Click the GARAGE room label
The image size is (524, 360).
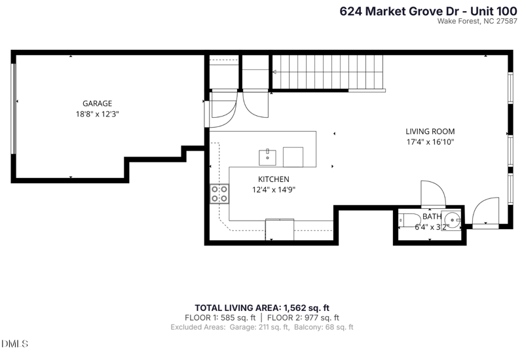97,103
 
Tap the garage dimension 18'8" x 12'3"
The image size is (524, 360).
97,114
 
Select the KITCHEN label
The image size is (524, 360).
273,179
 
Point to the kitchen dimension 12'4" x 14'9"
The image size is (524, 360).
273,190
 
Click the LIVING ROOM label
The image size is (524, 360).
430,132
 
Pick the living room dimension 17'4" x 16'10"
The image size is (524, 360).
430,142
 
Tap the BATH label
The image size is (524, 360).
432,217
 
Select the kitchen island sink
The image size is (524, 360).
268,157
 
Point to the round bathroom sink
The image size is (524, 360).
453,220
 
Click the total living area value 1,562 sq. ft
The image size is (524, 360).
306,307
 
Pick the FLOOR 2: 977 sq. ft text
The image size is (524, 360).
308,317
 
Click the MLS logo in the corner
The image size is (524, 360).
11,343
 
